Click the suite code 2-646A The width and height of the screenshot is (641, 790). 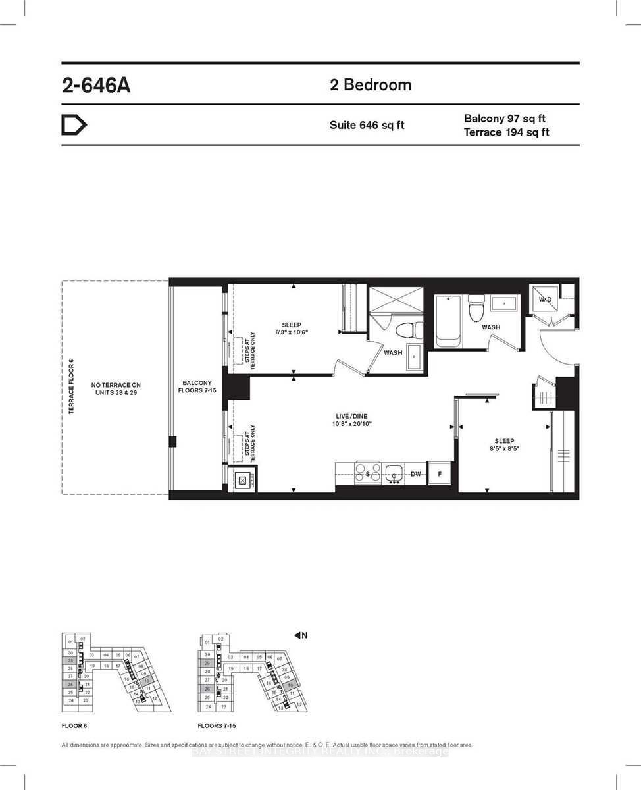pos(96,86)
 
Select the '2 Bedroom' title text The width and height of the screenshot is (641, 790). pos(371,85)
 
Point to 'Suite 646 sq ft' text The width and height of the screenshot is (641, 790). pos(367,125)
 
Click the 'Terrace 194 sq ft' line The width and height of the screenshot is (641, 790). pos(507,132)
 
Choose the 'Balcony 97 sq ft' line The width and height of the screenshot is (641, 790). pos(505,118)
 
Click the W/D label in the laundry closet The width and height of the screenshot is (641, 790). pos(545,300)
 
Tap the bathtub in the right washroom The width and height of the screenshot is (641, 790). pos(448,321)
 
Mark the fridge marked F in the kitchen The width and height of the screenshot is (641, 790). pos(438,473)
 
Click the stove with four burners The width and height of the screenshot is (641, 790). pos(367,473)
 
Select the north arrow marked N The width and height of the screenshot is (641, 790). pos(301,635)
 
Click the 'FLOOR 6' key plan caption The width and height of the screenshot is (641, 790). pos(74,726)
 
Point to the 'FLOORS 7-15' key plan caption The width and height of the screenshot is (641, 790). pos(217,726)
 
